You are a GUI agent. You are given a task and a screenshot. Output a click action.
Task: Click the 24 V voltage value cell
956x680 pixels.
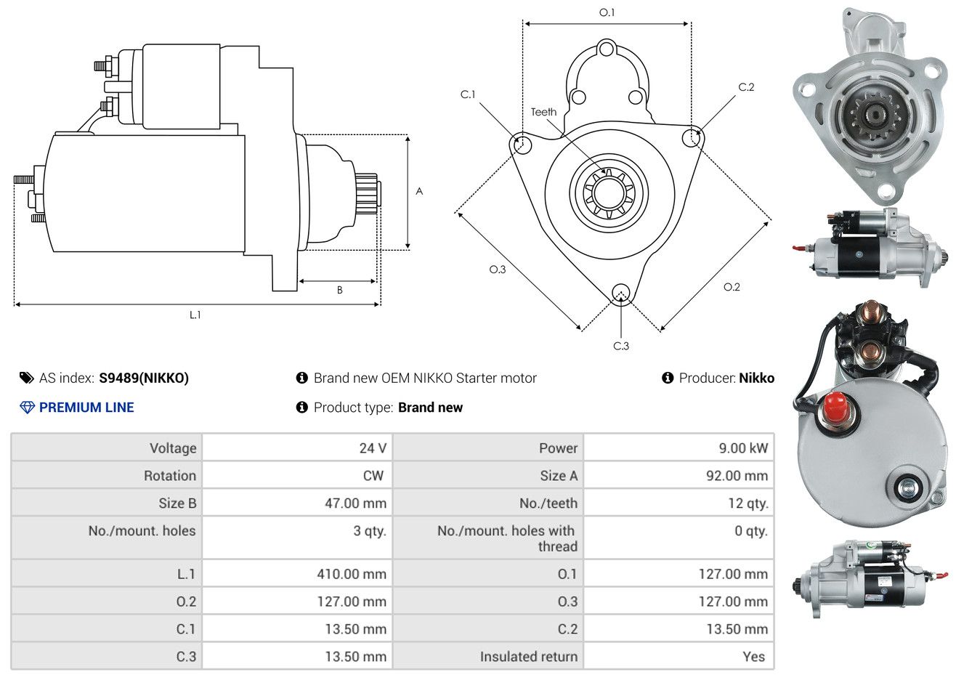(x=373, y=448)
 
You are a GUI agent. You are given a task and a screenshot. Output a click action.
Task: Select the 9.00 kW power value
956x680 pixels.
(x=742, y=448)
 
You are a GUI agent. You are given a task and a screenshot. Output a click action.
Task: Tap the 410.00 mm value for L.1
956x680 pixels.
(x=351, y=574)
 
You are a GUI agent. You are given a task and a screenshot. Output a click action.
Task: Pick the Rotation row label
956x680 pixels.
(x=169, y=476)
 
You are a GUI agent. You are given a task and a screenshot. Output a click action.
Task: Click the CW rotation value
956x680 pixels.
(x=373, y=476)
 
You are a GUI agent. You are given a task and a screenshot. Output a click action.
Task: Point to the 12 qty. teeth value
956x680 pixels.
(x=748, y=503)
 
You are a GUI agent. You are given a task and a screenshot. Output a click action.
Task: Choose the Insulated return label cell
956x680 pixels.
(x=528, y=657)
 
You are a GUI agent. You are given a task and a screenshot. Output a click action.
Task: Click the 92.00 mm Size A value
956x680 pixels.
(x=735, y=476)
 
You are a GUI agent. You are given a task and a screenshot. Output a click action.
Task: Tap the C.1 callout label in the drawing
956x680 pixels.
(x=467, y=94)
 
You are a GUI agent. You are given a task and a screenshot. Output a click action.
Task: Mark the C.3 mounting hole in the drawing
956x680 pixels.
(x=620, y=293)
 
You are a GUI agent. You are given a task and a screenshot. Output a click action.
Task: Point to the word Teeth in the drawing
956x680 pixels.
(x=543, y=112)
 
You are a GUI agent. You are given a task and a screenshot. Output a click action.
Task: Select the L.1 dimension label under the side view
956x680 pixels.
(x=195, y=315)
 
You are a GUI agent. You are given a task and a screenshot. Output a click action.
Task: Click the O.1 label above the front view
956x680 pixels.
(x=607, y=12)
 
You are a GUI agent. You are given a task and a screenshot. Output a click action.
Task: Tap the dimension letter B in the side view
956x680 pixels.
(x=339, y=290)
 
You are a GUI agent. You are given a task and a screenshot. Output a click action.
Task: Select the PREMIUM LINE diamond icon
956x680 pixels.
(x=27, y=408)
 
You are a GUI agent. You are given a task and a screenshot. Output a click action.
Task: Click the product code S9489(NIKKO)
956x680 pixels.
(x=144, y=378)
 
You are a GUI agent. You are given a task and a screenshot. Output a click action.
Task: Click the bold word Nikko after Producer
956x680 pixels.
(x=756, y=378)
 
